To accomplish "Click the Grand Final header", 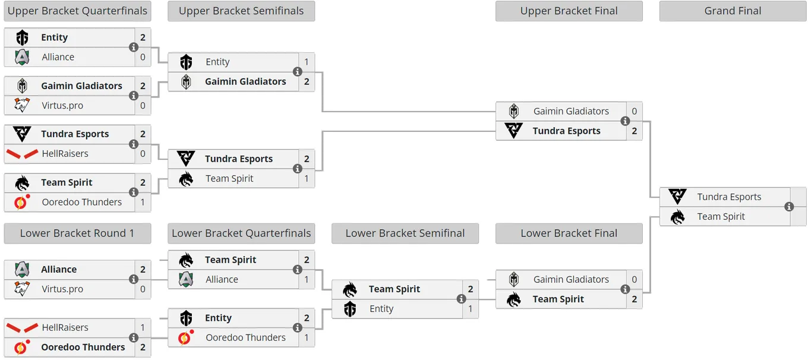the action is point(733,11).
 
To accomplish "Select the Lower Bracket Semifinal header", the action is point(405,233).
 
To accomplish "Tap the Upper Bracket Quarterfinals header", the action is point(77,11).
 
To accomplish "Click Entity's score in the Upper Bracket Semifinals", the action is point(307,62).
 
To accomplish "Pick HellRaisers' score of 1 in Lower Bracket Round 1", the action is point(143,327).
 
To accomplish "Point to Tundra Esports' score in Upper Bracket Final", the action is point(635,131).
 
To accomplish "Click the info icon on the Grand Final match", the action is point(789,207).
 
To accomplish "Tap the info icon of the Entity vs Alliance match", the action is point(134,48).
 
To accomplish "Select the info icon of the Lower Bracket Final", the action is point(625,289).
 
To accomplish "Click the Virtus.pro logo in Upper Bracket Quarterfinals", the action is point(22,105).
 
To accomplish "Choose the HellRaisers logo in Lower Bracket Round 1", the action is point(22,328).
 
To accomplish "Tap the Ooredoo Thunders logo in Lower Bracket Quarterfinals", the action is point(186,337).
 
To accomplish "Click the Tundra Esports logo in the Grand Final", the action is point(677,197).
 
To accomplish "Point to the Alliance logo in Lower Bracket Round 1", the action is point(22,270).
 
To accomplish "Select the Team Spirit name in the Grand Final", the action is point(721,216).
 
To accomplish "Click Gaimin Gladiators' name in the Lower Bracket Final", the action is point(571,279).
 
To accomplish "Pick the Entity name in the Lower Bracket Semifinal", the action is point(381,309).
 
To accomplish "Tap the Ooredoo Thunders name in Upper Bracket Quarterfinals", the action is point(81,202).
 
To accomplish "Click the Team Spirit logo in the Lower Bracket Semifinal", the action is point(350,289).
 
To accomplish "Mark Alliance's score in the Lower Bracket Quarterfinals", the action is point(307,280).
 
